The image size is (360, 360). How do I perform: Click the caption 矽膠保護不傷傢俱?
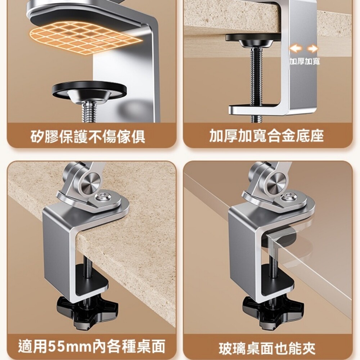[x=88, y=136]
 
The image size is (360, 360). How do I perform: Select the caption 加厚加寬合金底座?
[x=266, y=136]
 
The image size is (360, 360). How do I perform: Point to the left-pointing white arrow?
[x=296, y=49]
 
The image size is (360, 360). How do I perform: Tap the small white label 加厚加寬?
[x=305, y=61]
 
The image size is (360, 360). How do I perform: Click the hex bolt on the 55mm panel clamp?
[x=102, y=197]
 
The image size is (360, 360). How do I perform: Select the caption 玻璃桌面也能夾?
[x=267, y=348]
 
